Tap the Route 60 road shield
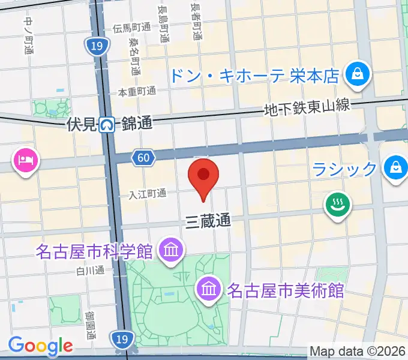click(x=142, y=158)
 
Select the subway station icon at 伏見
click(x=107, y=125)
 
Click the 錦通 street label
click(x=137, y=124)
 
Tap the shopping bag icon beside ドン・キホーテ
click(x=358, y=74)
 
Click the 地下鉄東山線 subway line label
click(x=307, y=108)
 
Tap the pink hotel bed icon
click(x=26, y=160)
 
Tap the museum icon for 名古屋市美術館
click(x=209, y=290)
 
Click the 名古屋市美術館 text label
click(x=285, y=291)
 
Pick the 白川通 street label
click(x=91, y=271)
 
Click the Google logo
click(x=40, y=345)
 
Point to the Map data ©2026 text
click(x=358, y=351)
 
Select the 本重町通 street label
click(x=136, y=92)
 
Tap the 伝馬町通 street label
click(x=132, y=28)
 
